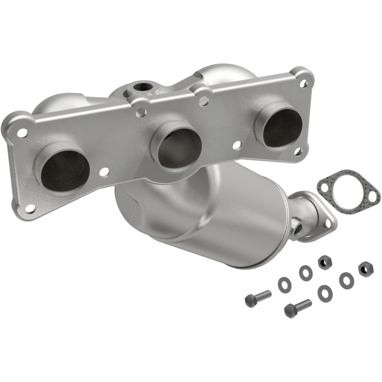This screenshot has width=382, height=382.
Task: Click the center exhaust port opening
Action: (180, 149)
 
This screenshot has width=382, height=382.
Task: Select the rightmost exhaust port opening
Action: (282, 128)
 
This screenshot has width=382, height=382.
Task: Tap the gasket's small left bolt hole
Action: (326, 188)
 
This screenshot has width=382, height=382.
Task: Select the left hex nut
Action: (323, 262)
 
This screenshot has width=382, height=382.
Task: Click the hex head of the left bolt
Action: (251, 300)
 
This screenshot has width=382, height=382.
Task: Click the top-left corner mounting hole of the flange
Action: (21, 132)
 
